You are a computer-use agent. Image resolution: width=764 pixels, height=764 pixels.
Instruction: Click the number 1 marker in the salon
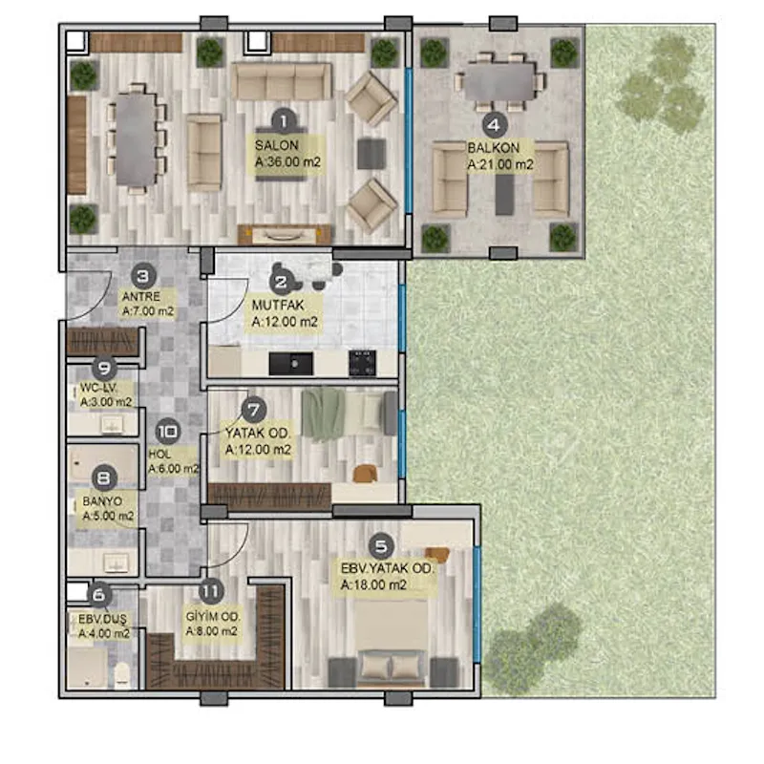coord(284,121)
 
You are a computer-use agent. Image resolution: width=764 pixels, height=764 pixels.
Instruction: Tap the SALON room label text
coord(277,145)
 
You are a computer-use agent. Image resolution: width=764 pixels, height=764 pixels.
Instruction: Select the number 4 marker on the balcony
coord(495,125)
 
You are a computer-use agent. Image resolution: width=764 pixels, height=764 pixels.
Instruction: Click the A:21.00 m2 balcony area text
coord(500,164)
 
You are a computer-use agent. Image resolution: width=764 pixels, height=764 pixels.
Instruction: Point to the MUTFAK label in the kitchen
coord(278,306)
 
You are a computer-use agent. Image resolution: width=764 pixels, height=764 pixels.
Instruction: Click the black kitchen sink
coord(291,364)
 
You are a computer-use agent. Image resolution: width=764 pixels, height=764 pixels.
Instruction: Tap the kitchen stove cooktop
coord(363,363)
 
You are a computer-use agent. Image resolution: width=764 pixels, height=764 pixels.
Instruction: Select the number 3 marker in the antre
coord(143,277)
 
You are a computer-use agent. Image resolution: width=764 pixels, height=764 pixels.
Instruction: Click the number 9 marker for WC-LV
coord(104,368)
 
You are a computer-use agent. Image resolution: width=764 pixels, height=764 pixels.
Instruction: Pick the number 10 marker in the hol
coord(168,432)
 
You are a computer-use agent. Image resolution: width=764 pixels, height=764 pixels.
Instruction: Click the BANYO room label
coord(102,500)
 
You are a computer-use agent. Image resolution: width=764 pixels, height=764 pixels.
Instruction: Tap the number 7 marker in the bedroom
coord(254,410)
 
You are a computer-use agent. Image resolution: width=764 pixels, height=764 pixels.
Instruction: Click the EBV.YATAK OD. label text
coord(387,568)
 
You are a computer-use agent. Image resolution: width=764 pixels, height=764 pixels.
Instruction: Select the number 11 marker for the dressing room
coord(211,591)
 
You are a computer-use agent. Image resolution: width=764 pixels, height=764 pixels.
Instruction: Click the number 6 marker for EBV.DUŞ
coord(99,595)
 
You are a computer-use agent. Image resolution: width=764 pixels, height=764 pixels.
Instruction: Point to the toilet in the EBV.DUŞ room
coord(122,675)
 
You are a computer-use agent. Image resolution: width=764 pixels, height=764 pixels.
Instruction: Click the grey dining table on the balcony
coord(499,82)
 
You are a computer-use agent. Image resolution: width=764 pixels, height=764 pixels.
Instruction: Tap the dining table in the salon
coord(136,139)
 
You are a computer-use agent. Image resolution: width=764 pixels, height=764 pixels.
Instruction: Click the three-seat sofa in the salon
coord(282,81)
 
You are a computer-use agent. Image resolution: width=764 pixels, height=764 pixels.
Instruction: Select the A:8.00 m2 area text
coord(211,631)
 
